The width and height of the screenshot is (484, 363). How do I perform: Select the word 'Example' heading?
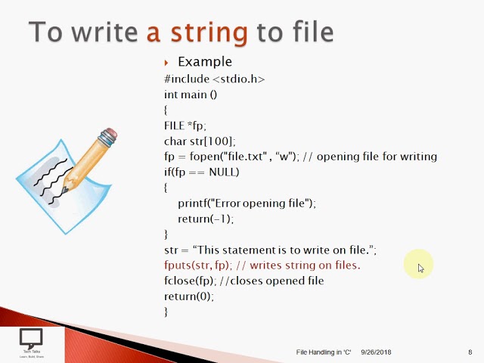pyautogui.click(x=204, y=62)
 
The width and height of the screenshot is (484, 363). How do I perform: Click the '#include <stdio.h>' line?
pyautogui.click(x=214, y=79)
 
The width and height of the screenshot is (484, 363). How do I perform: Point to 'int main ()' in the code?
pyautogui.click(x=191, y=95)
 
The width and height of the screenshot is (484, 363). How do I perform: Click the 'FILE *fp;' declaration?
pyautogui.click(x=185, y=126)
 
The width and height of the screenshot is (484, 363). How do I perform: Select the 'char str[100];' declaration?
pyautogui.click(x=200, y=141)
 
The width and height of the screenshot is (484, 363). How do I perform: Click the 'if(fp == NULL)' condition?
pyautogui.click(x=201, y=172)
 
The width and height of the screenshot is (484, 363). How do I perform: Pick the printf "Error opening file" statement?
pyautogui.click(x=247, y=203)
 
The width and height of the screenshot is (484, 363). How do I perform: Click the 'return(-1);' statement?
pyautogui.click(x=206, y=219)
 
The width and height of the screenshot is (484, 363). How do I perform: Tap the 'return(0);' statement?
pyautogui.click(x=189, y=296)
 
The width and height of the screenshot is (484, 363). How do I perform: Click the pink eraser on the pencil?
pyautogui.click(x=109, y=137)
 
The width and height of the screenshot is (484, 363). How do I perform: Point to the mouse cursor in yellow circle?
pyautogui.click(x=420, y=267)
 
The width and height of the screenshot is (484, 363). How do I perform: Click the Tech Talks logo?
pyautogui.click(x=31, y=343)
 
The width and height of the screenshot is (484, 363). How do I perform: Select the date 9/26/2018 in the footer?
pyautogui.click(x=376, y=352)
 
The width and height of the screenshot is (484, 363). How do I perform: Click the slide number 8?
pyautogui.click(x=470, y=352)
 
